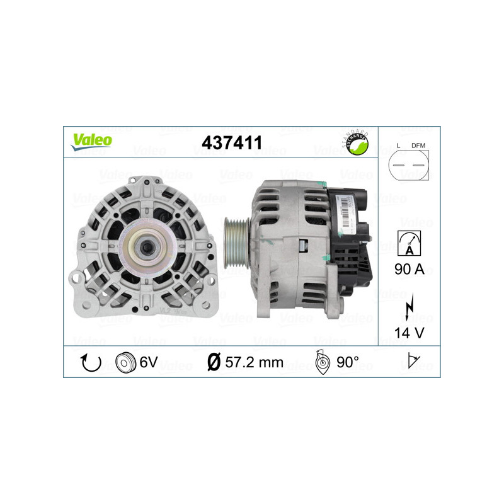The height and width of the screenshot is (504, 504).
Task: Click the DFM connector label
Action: click(418, 146)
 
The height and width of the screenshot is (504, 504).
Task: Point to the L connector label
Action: click(399, 146)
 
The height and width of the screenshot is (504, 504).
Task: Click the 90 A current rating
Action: click(410, 269)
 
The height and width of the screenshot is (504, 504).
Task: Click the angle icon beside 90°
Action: click(323, 364)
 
